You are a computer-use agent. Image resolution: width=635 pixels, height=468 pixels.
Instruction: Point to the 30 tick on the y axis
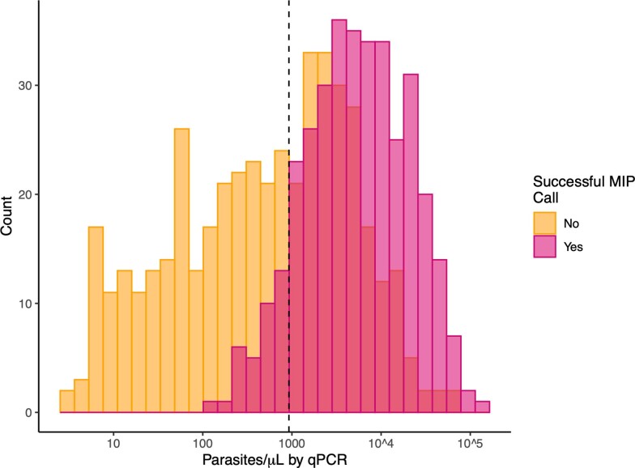[x=36, y=86]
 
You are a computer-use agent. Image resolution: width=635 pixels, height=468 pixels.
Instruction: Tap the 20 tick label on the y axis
[x=36, y=195]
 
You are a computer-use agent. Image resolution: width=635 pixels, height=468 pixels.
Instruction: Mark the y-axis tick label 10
[x=36, y=304]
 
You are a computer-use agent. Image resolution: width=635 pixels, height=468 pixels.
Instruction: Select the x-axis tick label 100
[x=202, y=445]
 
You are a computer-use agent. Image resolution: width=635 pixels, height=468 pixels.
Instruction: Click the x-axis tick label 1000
[x=289, y=445]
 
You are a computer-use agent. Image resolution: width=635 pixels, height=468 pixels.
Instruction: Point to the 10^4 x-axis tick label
[x=381, y=445]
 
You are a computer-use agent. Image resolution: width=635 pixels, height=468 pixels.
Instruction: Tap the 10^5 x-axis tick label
[x=470, y=445]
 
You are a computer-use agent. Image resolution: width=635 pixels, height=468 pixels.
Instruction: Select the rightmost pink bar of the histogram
[x=483, y=407]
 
